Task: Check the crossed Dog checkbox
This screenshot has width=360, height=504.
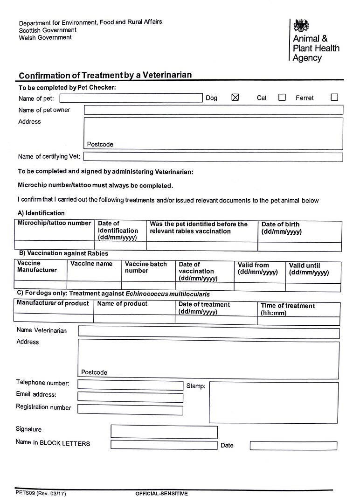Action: (235, 98)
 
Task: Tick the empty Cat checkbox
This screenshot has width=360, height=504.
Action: (282, 98)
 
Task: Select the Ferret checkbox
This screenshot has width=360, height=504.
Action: (334, 98)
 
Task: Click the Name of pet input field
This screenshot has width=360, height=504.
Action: (131, 98)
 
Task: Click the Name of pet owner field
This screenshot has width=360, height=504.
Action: (213, 110)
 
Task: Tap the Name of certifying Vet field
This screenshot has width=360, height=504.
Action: (213, 157)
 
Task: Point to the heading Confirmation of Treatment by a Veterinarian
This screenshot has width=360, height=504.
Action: (105, 75)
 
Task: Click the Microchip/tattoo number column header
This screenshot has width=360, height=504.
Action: (55, 223)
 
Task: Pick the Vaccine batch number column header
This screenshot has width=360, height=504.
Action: (146, 267)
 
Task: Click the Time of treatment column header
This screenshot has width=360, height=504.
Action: (288, 309)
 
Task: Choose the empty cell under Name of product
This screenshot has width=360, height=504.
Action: (134, 319)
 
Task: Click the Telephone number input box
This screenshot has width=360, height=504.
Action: (130, 385)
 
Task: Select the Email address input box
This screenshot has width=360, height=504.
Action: (130, 397)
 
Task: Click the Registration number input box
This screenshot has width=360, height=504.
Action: (130, 409)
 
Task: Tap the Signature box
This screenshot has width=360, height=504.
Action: (164, 432)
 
